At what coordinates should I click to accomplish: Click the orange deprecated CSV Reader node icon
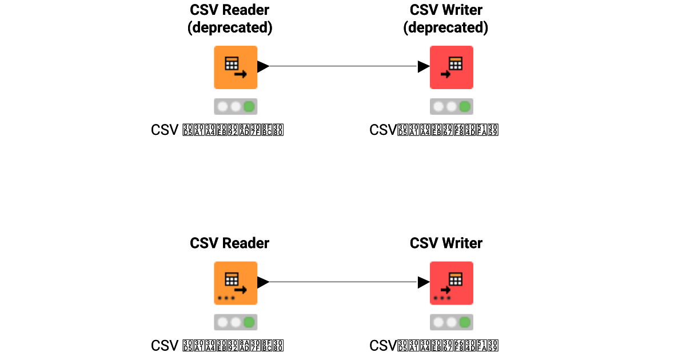coord(236,67)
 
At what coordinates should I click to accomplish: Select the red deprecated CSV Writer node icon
coord(452,67)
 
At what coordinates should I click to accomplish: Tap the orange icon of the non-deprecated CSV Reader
coord(236,283)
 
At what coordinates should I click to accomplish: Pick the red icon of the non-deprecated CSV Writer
coord(452,283)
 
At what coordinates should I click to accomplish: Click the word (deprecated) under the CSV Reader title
coord(230,28)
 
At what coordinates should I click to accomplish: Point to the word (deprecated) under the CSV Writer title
coord(446,28)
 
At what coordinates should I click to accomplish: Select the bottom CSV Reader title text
coord(230,243)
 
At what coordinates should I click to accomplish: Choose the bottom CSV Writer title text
coord(446,243)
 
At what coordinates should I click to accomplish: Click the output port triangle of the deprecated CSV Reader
coord(263,66)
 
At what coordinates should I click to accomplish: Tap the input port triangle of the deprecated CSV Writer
coord(424,66)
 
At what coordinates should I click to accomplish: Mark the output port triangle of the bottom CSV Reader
coord(263,282)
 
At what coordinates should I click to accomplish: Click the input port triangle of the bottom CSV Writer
coord(424,282)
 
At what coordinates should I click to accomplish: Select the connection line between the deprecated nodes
coord(343,66)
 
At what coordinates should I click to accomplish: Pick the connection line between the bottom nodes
coord(343,282)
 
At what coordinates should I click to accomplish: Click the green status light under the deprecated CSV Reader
coord(249,107)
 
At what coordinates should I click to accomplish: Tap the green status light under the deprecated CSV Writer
coord(465,107)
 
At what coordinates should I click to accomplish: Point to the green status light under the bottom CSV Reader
coord(249,322)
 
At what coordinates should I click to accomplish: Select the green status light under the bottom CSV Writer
coord(465,322)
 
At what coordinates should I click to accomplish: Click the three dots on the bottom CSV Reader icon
coord(226,298)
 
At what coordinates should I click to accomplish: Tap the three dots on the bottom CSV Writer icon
coord(442,298)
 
